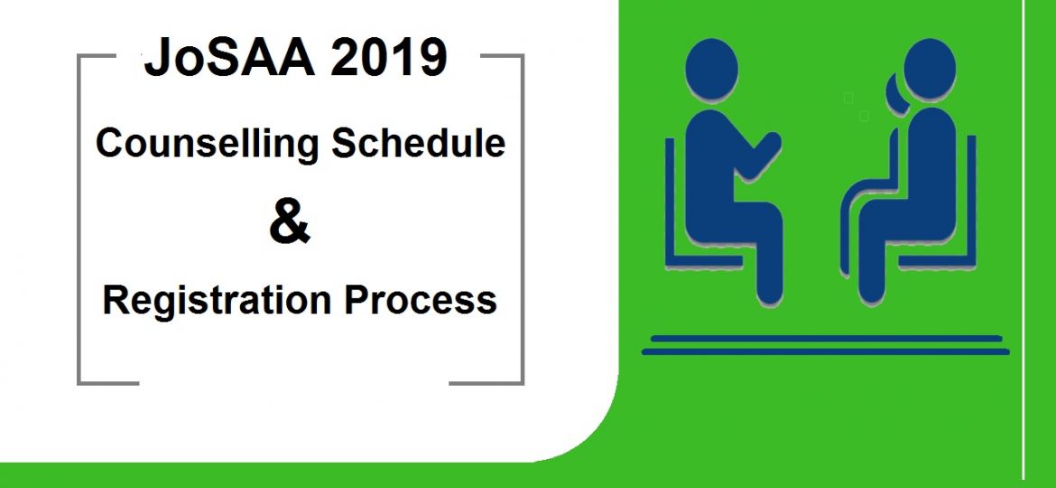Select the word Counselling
tap(206, 144)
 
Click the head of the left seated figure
tap(711, 71)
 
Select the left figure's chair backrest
tap(671, 199)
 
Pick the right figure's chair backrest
tap(970, 199)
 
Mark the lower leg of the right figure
tap(872, 262)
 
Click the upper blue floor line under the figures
tap(826, 338)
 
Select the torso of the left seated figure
tap(713, 163)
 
